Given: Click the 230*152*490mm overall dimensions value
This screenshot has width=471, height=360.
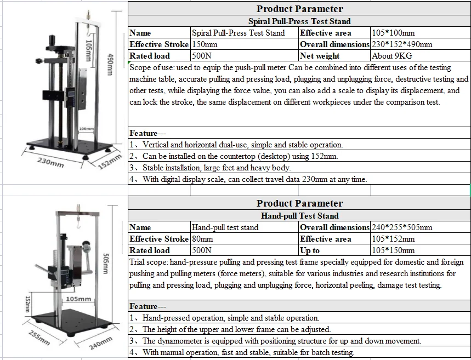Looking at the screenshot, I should [401, 44].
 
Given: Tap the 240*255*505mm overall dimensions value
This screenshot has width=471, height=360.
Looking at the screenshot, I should [401, 227].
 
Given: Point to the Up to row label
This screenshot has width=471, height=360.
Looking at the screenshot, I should [310, 250].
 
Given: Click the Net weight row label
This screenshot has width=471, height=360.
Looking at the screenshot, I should [320, 56].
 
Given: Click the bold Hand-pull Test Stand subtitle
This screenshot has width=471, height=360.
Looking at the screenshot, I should [299, 216].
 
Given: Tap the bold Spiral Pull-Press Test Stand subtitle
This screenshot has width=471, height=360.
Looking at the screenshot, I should [299, 21].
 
